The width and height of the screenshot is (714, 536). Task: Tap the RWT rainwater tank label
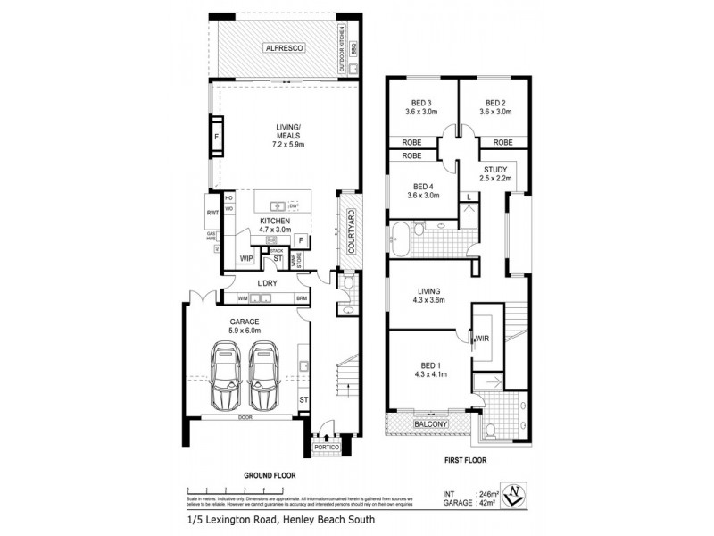[212, 213]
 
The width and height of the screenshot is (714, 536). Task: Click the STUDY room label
[496, 170]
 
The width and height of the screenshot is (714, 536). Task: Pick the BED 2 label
[496, 102]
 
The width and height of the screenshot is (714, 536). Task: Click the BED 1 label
[432, 366]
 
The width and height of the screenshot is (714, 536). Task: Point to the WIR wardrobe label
[482, 339]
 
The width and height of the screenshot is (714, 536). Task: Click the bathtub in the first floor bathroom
[400, 237]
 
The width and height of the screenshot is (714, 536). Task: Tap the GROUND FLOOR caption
[269, 475]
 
